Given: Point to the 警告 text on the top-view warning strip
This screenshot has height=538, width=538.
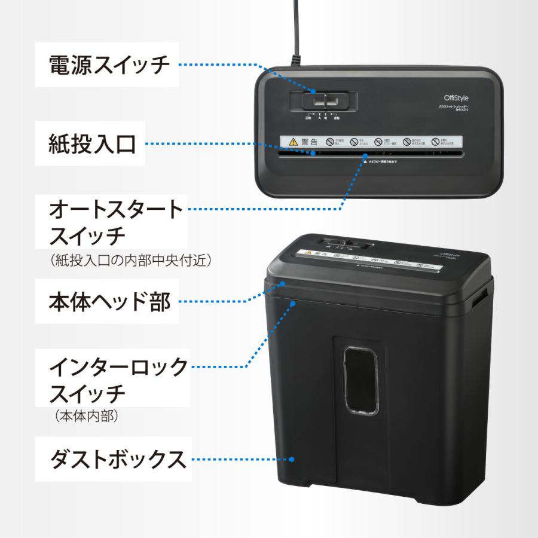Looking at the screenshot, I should pos(310,142).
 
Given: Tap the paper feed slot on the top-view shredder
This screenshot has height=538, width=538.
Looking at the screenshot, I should pos(371,154).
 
